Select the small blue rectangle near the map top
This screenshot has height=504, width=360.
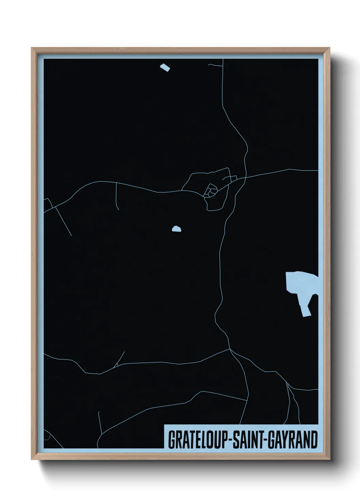tap(165, 67)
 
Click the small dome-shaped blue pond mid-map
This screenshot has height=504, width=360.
tap(176, 230)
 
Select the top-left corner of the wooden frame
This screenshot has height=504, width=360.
tap(32, 48)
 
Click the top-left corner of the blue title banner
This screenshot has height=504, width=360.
tap(165, 425)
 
